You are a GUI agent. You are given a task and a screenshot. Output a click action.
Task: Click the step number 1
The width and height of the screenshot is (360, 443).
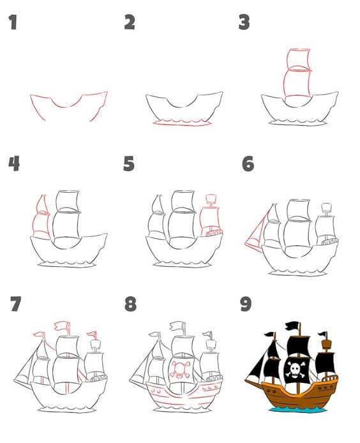click(x=11, y=24)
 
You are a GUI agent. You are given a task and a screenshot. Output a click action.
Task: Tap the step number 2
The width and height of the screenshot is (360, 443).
click(x=130, y=24)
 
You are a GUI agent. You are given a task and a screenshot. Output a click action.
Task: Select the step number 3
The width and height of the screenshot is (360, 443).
click(x=244, y=24)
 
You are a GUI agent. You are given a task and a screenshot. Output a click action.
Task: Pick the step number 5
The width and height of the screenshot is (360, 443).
click(x=130, y=164)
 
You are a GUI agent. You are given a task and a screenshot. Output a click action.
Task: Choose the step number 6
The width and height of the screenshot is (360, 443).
click(x=247, y=164)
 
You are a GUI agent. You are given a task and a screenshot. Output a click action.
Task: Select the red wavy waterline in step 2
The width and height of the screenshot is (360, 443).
click(x=181, y=122)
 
